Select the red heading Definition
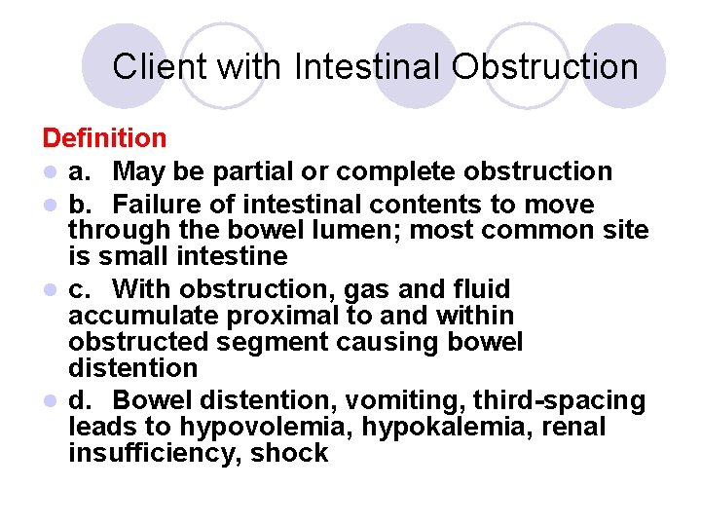click(104, 139)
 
